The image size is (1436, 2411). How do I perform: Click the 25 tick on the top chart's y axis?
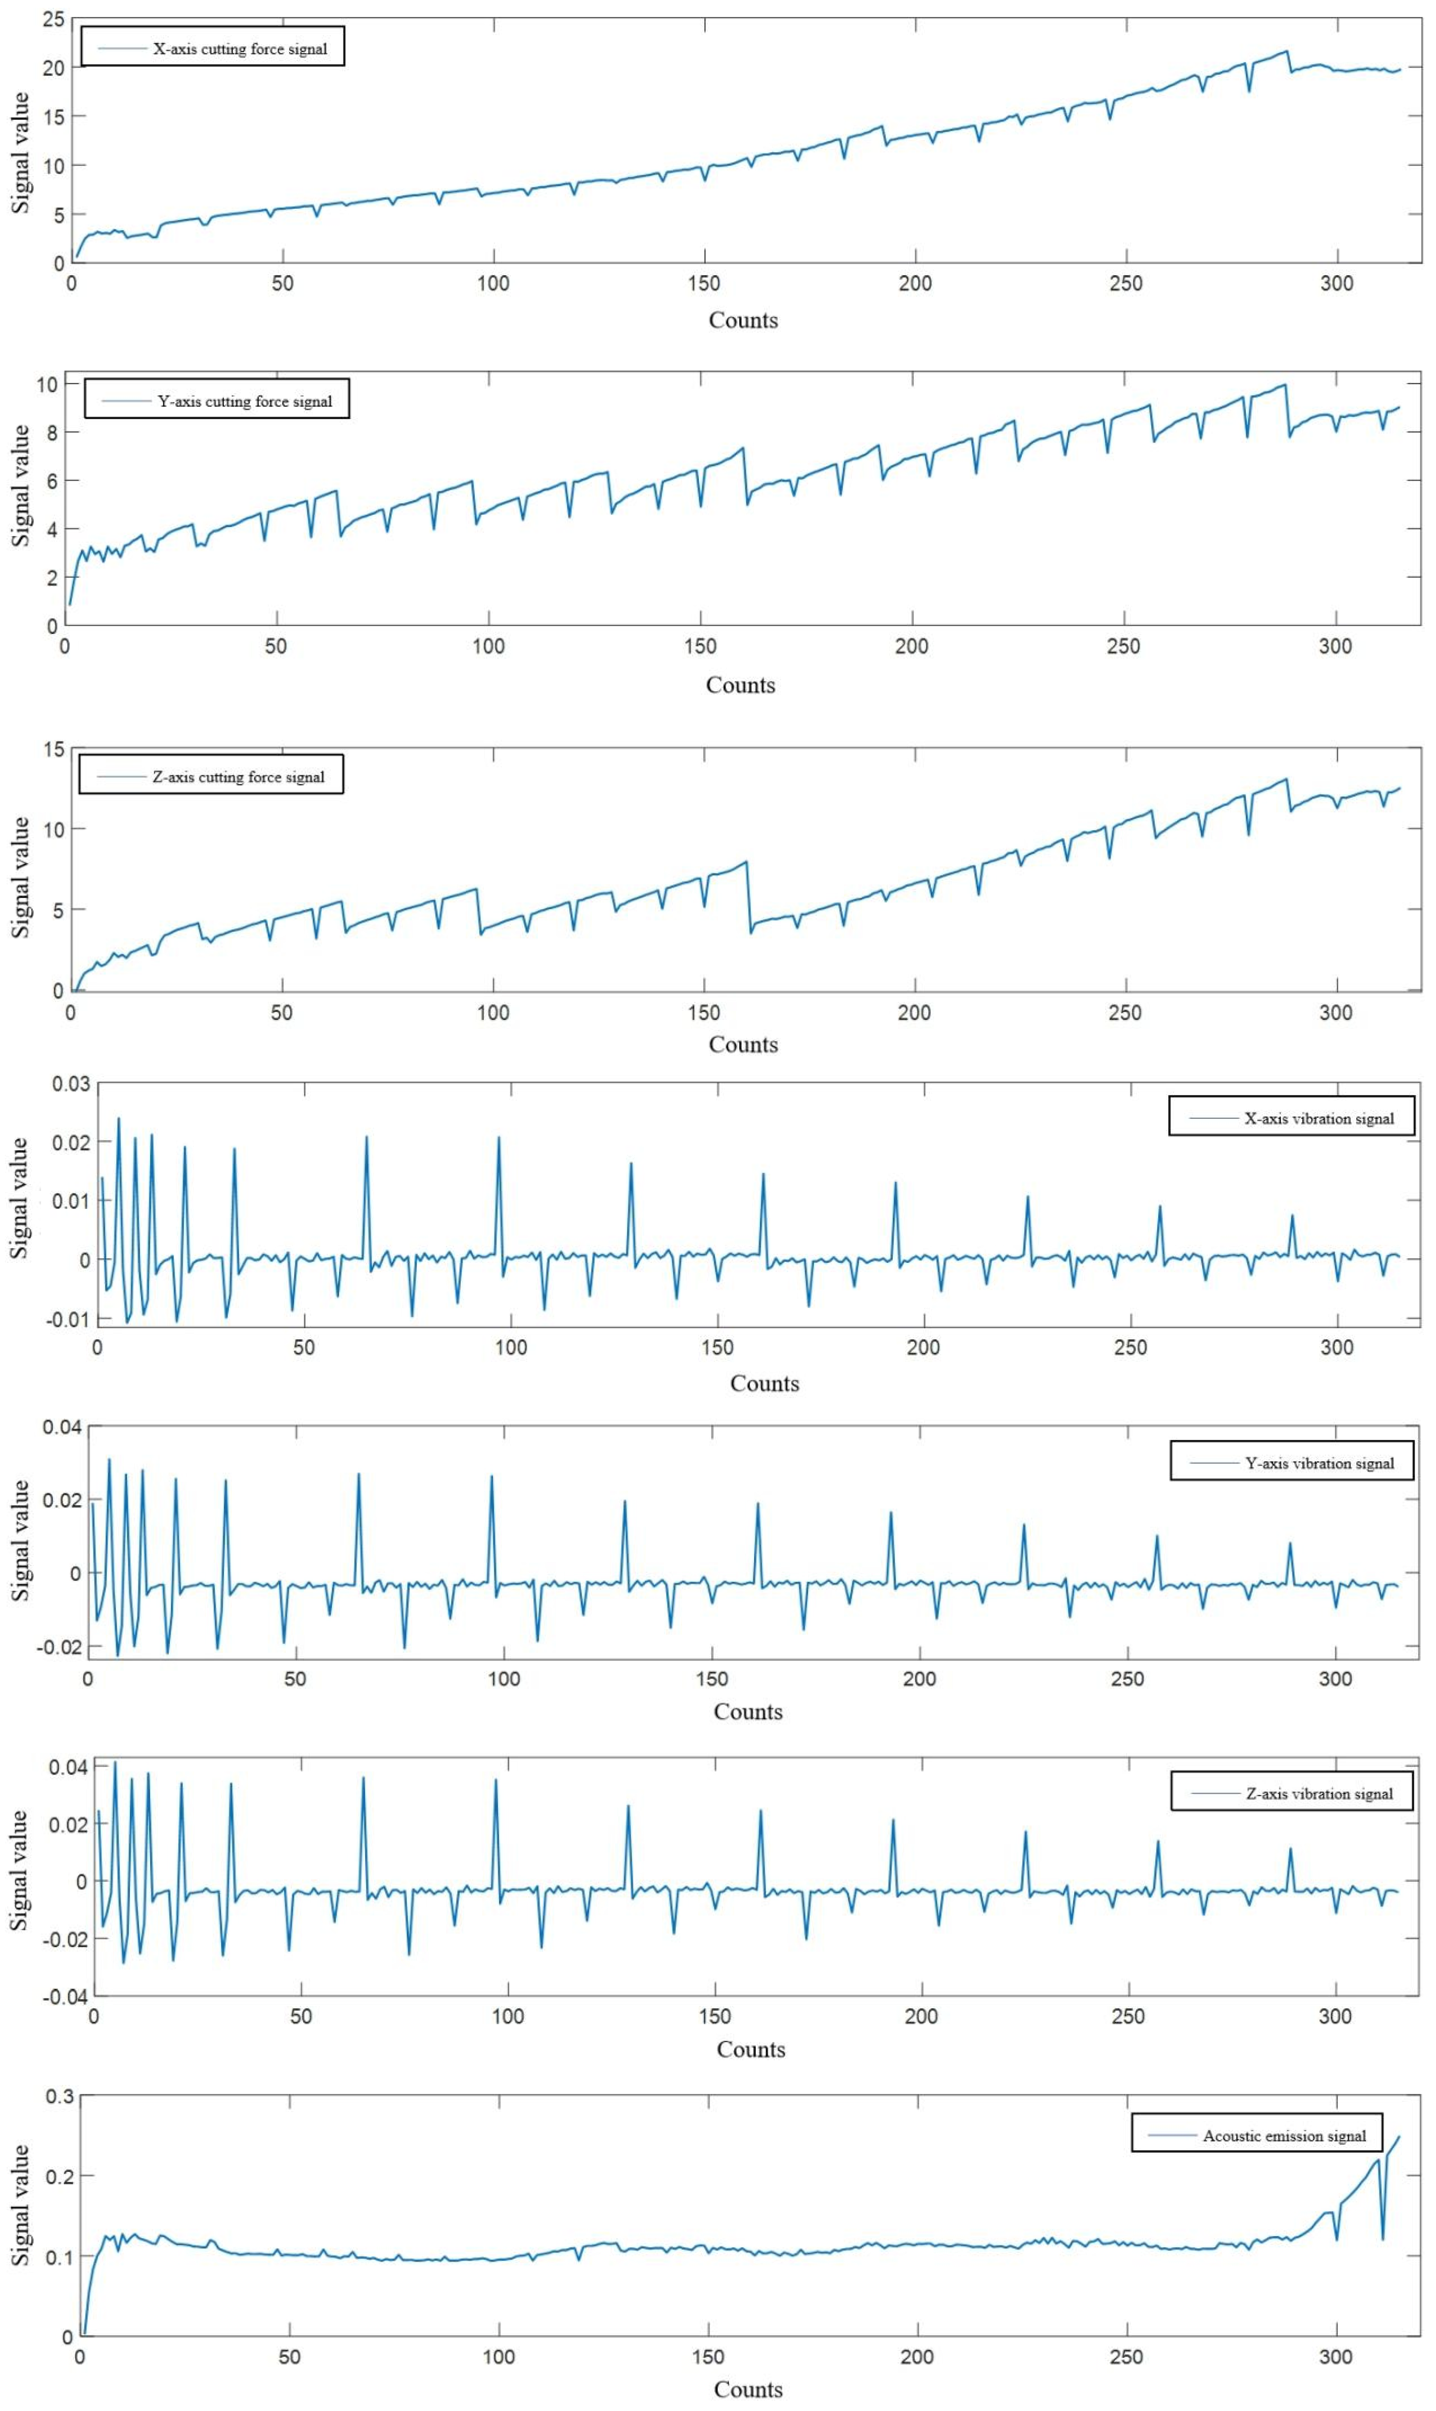pos(53,19)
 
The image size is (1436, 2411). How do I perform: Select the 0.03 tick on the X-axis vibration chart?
pos(71,1084)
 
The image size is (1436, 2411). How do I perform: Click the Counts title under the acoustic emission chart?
pos(748,2389)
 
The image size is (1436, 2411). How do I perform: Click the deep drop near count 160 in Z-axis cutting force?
pos(751,932)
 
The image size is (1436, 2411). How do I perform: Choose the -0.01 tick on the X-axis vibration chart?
pos(67,1319)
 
